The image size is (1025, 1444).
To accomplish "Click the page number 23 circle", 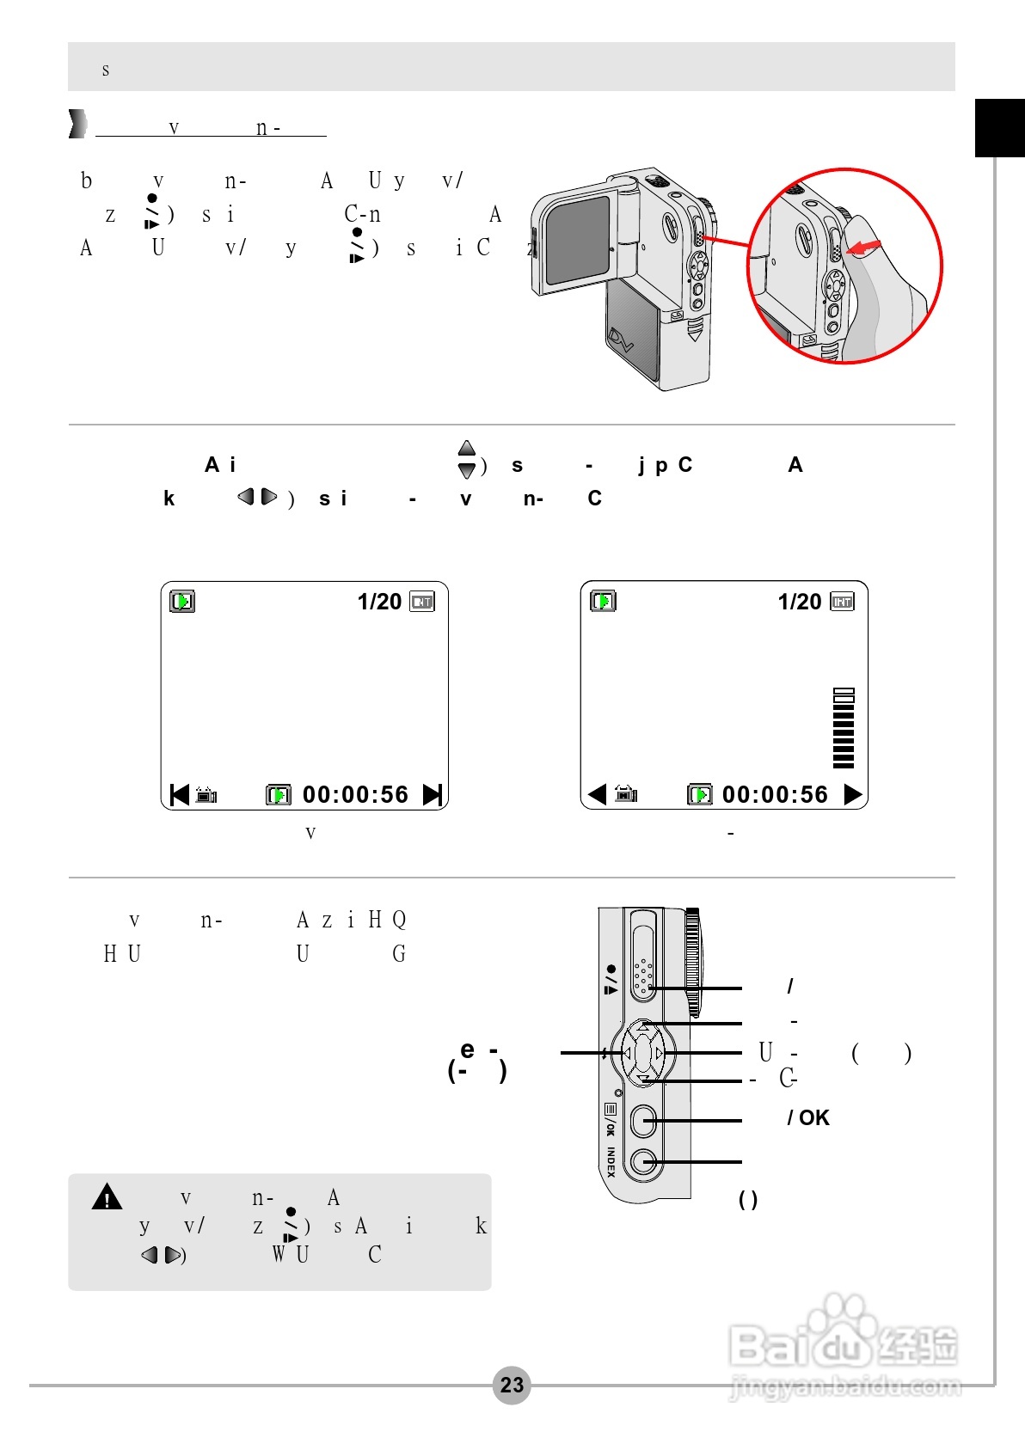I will coord(512,1385).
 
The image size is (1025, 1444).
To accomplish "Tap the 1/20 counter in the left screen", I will coord(379,602).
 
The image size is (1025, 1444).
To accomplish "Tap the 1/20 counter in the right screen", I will coord(800,602).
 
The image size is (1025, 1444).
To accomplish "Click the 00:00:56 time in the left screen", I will coord(355,794).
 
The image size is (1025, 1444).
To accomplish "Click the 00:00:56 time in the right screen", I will coord(775,794).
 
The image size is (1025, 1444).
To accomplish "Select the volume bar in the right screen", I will coord(844,728).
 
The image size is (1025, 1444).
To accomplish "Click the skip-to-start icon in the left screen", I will coord(179,794).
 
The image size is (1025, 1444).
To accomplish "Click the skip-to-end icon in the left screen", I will coord(433,794).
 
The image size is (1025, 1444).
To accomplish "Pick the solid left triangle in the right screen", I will coord(597,794).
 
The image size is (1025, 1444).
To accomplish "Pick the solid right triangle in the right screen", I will coord(853,794).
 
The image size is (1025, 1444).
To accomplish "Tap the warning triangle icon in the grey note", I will coord(107,1196).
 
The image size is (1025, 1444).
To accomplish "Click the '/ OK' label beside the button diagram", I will coord(808,1118).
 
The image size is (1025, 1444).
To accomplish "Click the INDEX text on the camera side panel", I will coord(611,1162).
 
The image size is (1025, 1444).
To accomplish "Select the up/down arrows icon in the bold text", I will coord(466,460).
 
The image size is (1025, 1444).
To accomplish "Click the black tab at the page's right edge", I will coord(999,128).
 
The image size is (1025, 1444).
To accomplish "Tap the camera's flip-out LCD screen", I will coord(577,240).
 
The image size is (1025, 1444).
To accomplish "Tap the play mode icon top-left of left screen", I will coord(182,601).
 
